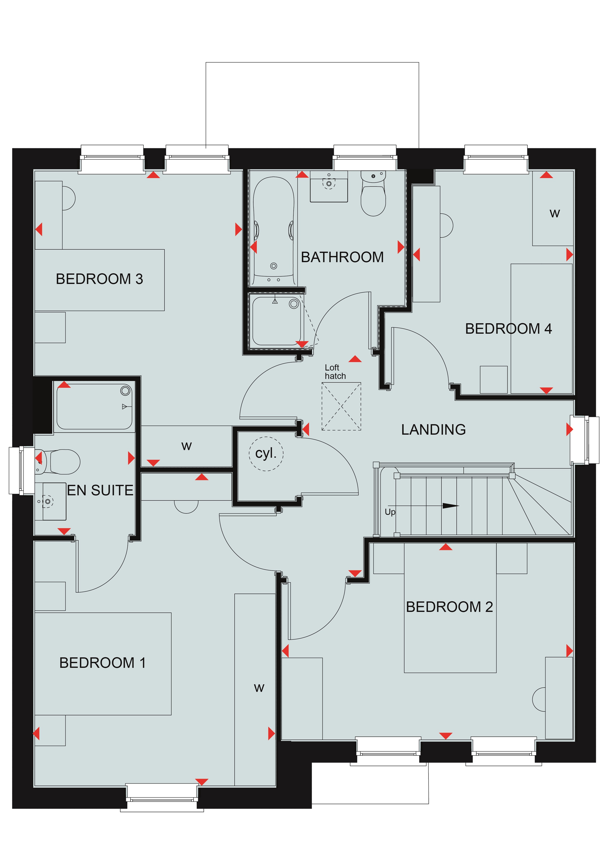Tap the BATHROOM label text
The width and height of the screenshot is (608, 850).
coord(342,257)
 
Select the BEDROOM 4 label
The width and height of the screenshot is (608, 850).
coord(508,329)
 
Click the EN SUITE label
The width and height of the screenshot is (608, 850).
coord(100,490)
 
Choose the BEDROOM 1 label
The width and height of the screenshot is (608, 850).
coord(102,663)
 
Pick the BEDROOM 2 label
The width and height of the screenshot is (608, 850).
coord(449,607)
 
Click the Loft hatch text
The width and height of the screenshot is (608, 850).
coord(335,372)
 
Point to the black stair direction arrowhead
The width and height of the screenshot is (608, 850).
coord(451,506)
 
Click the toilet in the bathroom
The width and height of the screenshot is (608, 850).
coord(373,193)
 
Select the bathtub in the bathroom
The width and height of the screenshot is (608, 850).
coord(274,231)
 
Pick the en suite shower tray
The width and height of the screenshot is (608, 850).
coord(94,407)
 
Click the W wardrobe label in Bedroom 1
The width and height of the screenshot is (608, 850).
coord(259,688)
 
